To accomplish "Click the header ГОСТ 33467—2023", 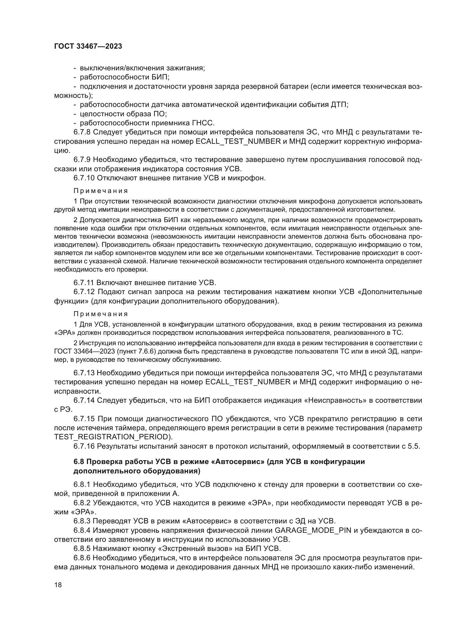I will pyautogui.click(x=88, y=46).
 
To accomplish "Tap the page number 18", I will pyautogui.click(x=58, y=584).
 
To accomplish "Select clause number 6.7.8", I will pyautogui.click(x=82, y=132).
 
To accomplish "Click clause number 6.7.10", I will pyautogui.click(x=84, y=178).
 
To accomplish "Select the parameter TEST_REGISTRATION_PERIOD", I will pyautogui.click(x=113, y=437).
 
